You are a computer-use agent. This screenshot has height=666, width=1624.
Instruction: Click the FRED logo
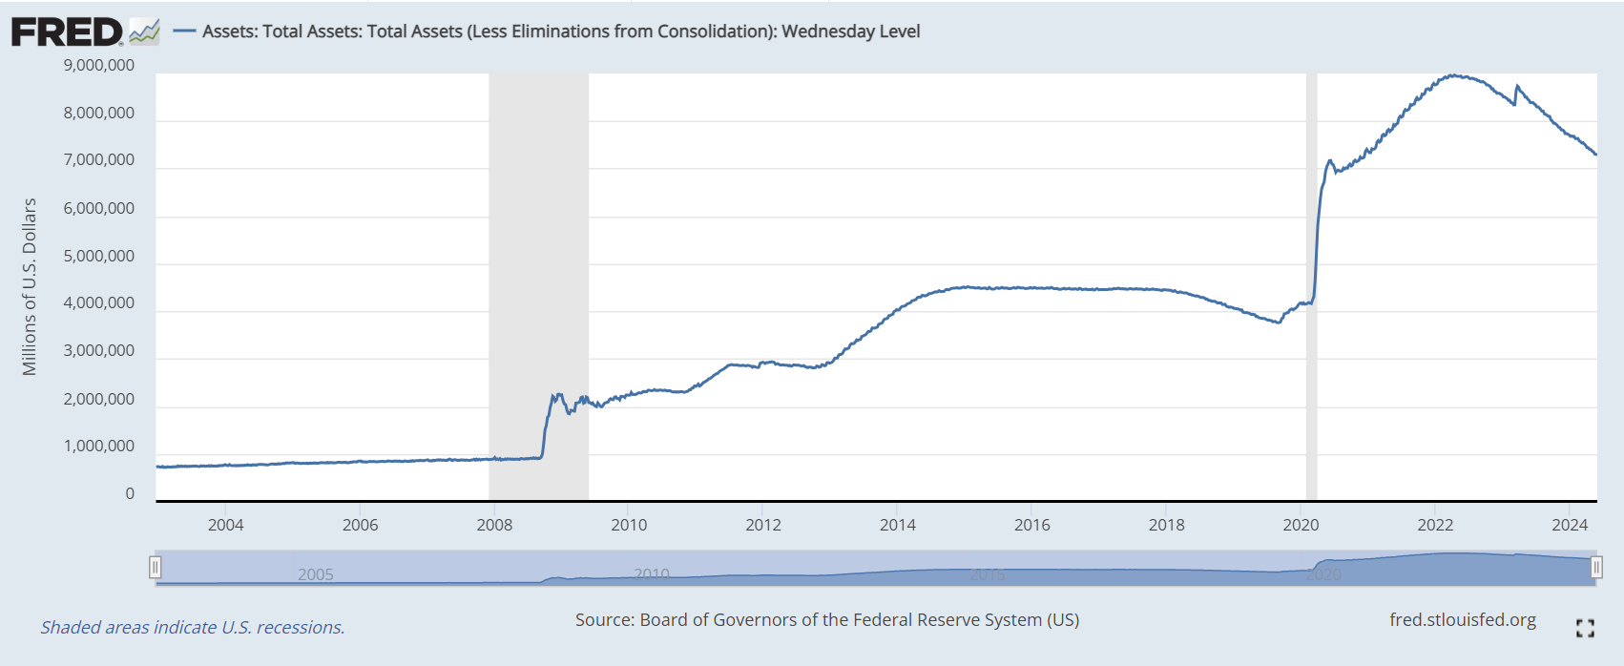click(x=67, y=31)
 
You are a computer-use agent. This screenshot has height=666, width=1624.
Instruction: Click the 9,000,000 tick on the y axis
click(x=99, y=66)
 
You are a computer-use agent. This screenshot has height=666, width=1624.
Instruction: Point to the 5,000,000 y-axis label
click(x=99, y=256)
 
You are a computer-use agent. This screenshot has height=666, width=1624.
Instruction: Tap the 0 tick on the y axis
click(x=130, y=493)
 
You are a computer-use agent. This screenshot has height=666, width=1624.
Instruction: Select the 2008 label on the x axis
click(x=494, y=525)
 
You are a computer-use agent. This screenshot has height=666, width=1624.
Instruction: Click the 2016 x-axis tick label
click(x=1031, y=525)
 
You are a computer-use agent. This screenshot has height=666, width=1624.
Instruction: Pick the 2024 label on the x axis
click(x=1570, y=525)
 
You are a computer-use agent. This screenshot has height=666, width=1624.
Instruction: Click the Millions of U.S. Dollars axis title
click(x=30, y=286)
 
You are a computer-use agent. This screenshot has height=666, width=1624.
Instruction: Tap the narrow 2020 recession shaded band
click(x=1311, y=286)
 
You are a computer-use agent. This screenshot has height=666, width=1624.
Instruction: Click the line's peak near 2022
click(x=1453, y=75)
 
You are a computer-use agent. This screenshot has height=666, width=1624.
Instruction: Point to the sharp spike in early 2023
click(x=1517, y=87)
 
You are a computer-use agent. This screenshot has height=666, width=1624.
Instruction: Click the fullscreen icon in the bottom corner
click(x=1585, y=628)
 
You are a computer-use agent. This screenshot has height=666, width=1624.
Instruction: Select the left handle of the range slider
click(x=155, y=568)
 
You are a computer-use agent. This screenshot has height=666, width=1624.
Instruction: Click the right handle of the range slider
click(x=1596, y=568)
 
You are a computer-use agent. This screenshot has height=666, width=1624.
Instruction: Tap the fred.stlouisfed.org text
click(x=1462, y=620)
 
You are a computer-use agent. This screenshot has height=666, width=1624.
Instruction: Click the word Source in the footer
click(x=603, y=620)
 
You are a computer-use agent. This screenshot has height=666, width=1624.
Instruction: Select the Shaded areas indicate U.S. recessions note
click(x=193, y=628)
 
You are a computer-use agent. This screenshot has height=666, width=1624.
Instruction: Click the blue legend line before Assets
click(x=184, y=31)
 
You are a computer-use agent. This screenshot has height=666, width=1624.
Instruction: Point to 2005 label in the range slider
click(x=316, y=574)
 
